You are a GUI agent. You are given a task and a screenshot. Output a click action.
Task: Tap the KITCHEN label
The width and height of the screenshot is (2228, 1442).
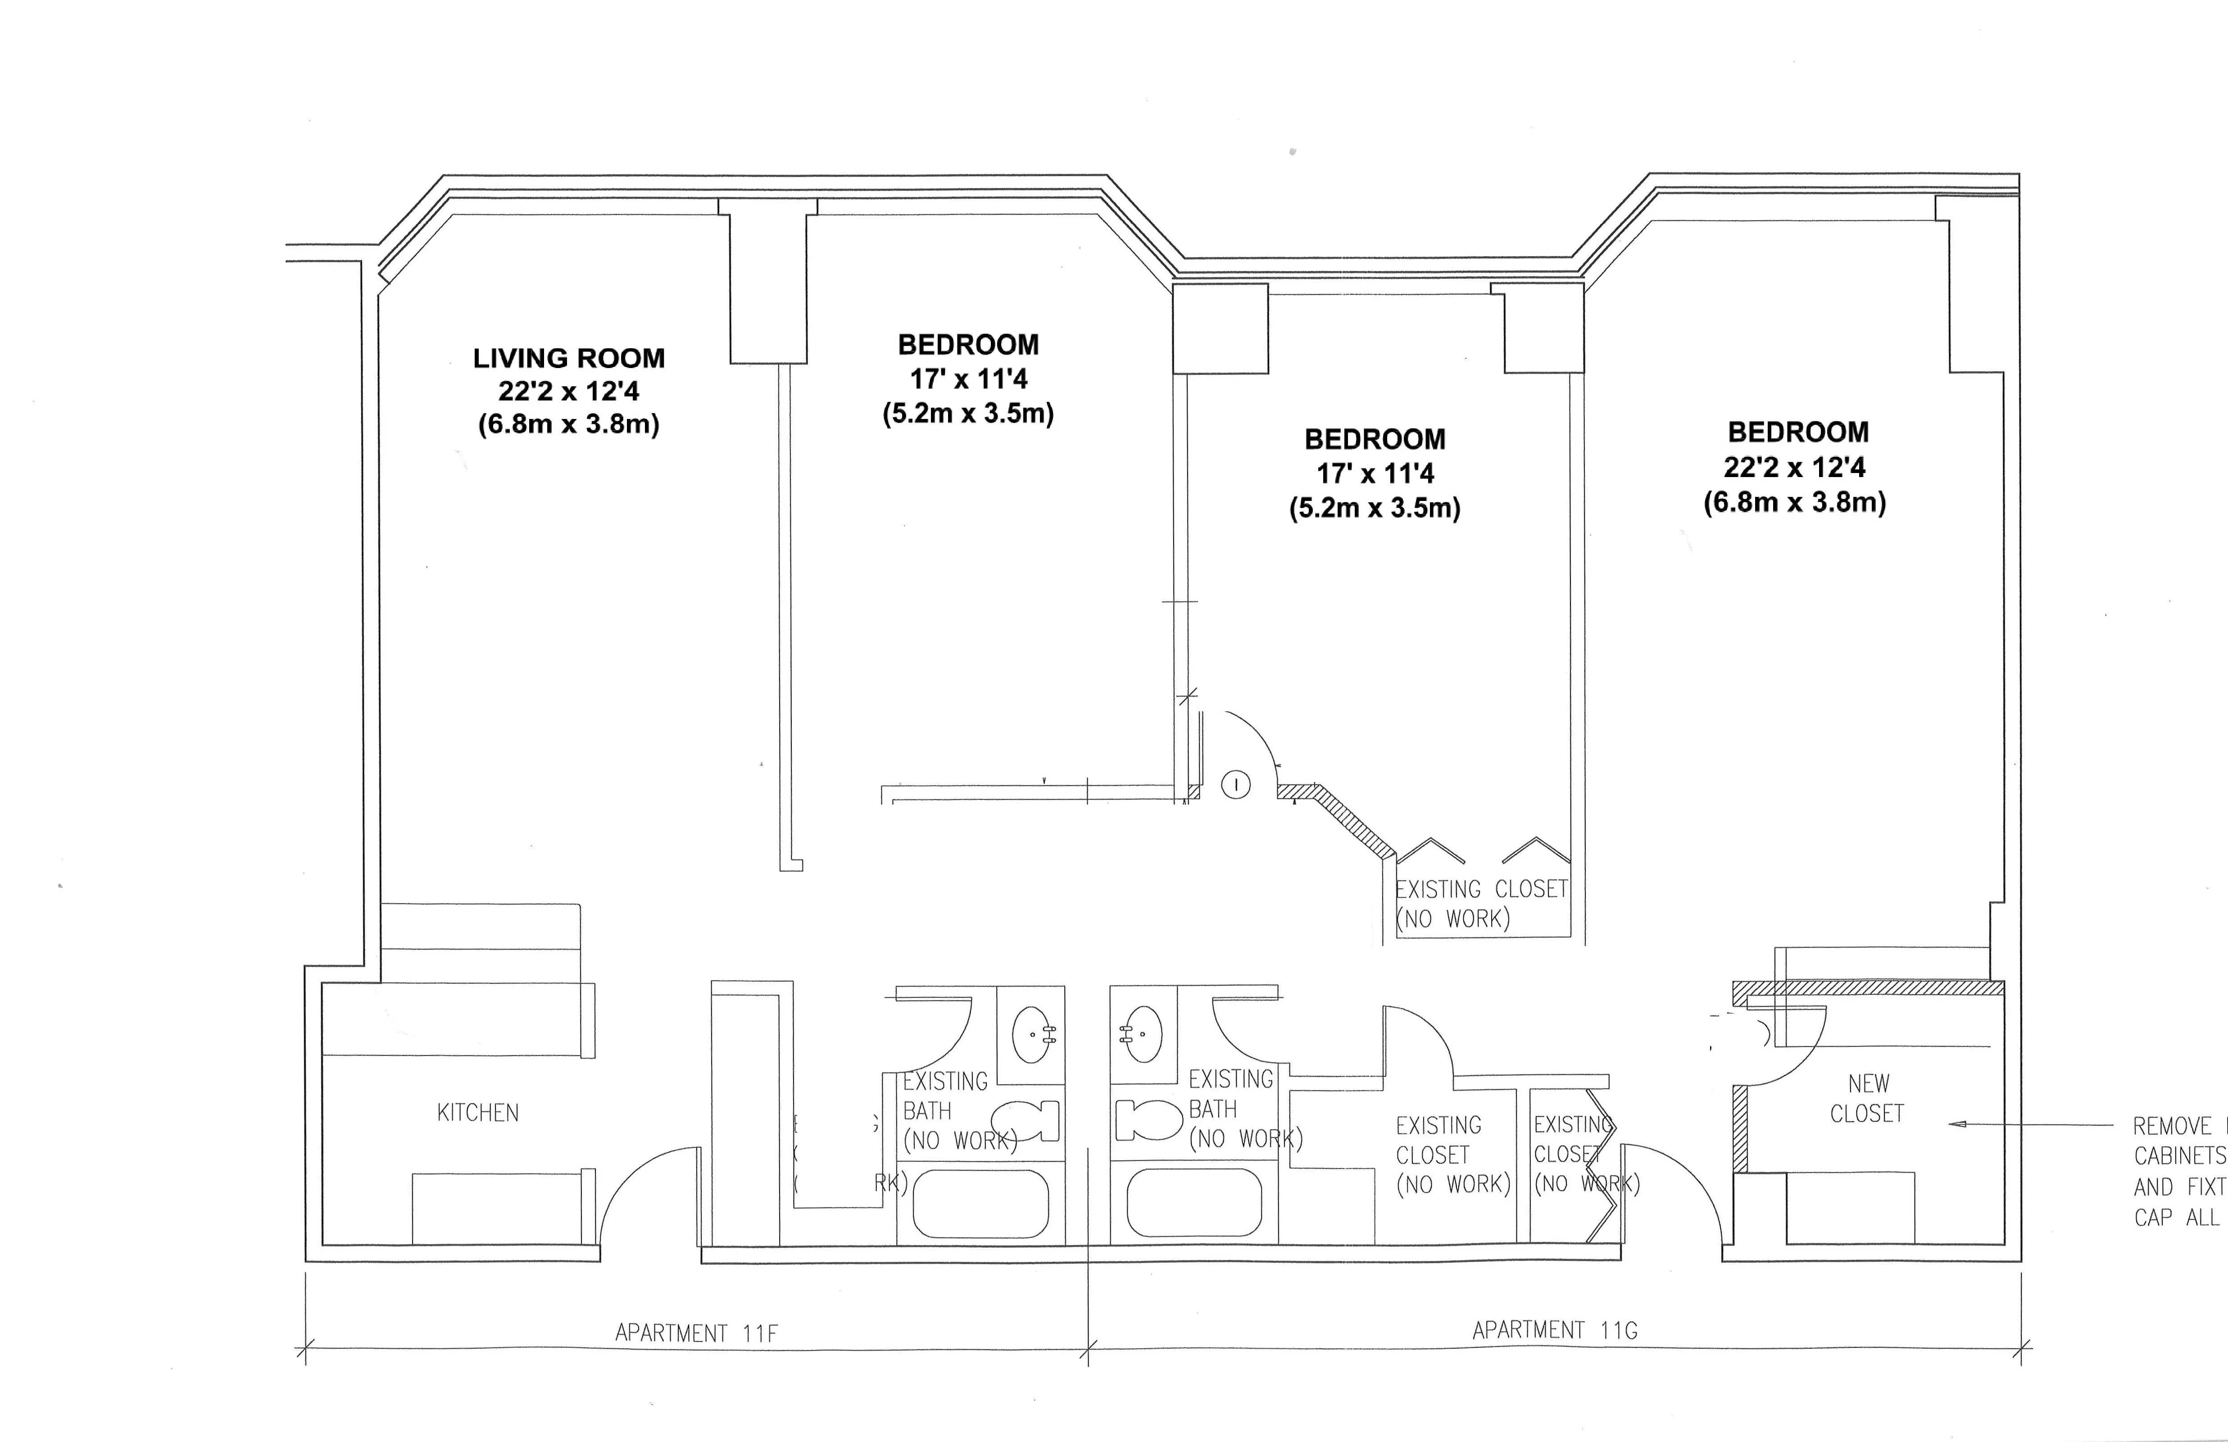pos(477,1112)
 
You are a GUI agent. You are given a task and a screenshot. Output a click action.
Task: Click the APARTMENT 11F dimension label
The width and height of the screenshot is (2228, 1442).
pos(695,1333)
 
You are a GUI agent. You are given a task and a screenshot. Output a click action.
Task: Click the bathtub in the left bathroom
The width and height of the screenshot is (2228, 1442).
pos(980,1203)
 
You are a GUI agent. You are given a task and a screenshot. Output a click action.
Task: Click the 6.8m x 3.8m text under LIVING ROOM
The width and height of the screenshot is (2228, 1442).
pos(568,424)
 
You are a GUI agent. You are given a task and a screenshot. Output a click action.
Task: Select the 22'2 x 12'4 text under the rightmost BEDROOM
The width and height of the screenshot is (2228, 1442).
pos(1795,467)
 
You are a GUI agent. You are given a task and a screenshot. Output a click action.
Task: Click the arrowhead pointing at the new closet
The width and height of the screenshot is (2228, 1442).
pos(1956,1124)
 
